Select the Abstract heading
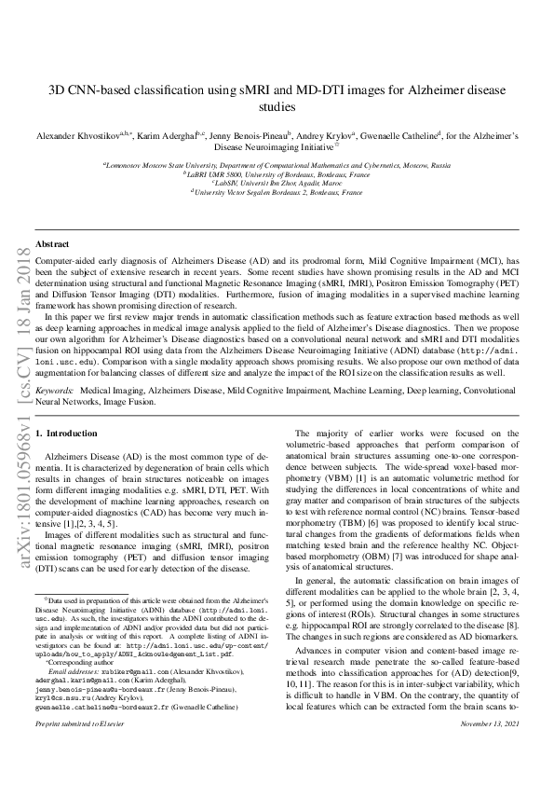pyautogui.click(x=51, y=243)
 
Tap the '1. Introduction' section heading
pyautogui.click(x=65, y=434)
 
